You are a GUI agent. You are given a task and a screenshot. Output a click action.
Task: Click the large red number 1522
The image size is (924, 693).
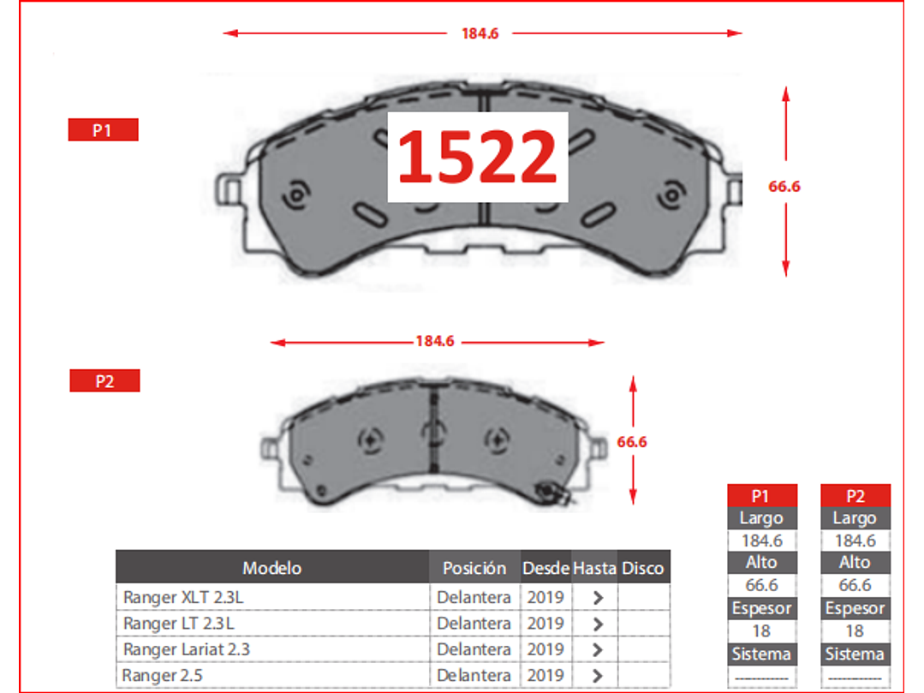pyautogui.click(x=477, y=157)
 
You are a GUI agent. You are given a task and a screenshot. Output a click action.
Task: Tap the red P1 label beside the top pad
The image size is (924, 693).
pyautogui.click(x=103, y=129)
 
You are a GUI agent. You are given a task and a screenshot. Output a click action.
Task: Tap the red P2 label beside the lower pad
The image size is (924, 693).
pyautogui.click(x=104, y=380)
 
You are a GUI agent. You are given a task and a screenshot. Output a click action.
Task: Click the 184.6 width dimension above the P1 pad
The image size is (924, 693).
pyautogui.click(x=480, y=33)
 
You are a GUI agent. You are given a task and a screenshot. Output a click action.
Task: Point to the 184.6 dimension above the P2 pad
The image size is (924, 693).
pyautogui.click(x=435, y=341)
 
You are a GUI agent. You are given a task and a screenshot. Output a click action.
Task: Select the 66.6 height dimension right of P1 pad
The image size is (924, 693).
pyautogui.click(x=784, y=186)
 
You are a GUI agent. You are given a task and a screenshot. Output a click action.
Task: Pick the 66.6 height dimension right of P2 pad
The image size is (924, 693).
pyautogui.click(x=632, y=442)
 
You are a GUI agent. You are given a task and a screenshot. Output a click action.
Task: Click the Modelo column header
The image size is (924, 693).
pyautogui.click(x=272, y=568)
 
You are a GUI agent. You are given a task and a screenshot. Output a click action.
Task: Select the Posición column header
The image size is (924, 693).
pyautogui.click(x=474, y=568)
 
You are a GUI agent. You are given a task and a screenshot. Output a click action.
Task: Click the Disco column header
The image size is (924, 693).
pyautogui.click(x=643, y=568)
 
